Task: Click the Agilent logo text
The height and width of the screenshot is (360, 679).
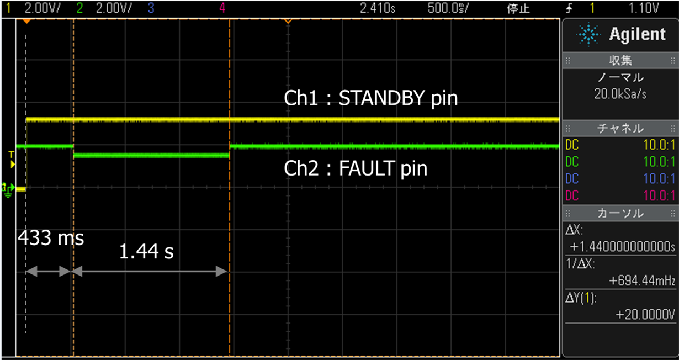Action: [637, 35]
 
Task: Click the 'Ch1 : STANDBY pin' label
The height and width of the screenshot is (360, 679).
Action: [371, 99]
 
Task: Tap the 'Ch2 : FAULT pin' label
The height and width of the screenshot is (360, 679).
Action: [356, 168]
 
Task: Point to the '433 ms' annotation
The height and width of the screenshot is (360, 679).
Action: [51, 239]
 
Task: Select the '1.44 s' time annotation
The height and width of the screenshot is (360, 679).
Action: [146, 251]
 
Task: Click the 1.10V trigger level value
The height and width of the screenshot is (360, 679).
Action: [645, 8]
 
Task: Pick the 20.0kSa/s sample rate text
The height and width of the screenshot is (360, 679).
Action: [620, 94]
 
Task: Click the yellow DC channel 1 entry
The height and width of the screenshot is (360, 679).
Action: [572, 146]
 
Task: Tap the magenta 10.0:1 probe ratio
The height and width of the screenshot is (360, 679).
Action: [659, 195]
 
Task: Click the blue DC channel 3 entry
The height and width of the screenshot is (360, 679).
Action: [572, 179]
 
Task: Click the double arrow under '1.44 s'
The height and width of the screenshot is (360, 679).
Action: [150, 271]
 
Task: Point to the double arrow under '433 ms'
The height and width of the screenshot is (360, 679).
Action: [49, 271]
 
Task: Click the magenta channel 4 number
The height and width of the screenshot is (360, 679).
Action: [222, 8]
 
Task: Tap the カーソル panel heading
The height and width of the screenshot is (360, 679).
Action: [620, 213]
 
